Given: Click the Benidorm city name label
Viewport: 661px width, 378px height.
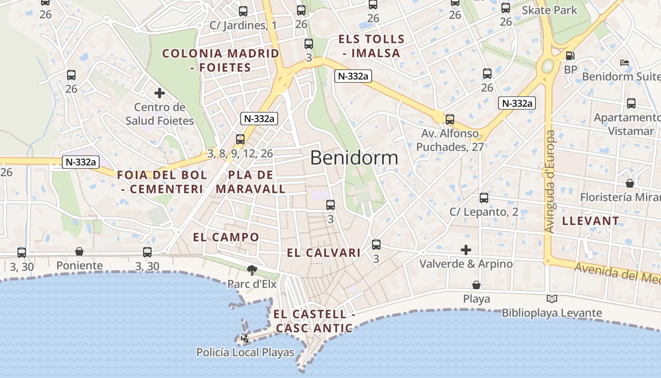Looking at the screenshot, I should pyautogui.click(x=354, y=158).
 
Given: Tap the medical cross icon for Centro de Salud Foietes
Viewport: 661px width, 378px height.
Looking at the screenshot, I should pyautogui.click(x=160, y=93).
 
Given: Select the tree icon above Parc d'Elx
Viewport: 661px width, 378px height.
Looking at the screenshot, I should pyautogui.click(x=252, y=270).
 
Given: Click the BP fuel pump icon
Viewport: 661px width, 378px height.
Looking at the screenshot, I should pyautogui.click(x=570, y=56).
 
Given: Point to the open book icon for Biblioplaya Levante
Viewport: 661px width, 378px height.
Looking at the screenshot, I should pyautogui.click(x=551, y=299).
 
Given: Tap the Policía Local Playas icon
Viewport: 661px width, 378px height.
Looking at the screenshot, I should pyautogui.click(x=245, y=338).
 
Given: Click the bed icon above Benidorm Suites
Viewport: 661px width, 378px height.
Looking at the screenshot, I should pyautogui.click(x=624, y=62).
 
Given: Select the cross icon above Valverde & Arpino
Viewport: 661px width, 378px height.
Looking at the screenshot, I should pyautogui.click(x=466, y=250).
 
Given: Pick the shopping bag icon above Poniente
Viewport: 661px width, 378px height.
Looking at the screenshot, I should pyautogui.click(x=79, y=252).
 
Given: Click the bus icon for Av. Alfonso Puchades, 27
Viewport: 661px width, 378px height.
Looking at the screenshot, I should pyautogui.click(x=450, y=120).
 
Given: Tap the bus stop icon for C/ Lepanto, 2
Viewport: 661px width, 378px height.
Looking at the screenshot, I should pyautogui.click(x=484, y=198).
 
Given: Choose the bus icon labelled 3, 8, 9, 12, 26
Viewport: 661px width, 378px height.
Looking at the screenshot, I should pyautogui.click(x=240, y=139).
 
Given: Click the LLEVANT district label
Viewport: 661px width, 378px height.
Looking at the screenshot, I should pyautogui.click(x=590, y=221).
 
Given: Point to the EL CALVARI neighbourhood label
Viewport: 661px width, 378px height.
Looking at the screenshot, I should pyautogui.click(x=324, y=253).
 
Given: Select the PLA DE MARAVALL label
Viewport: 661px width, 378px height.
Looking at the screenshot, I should pyautogui.click(x=251, y=182).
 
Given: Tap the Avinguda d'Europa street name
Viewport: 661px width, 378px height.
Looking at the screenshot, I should pyautogui.click(x=550, y=181).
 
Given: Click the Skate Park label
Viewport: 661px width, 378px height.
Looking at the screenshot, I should pyautogui.click(x=549, y=10).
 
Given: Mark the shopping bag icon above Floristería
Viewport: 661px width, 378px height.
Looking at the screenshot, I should pyautogui.click(x=629, y=183).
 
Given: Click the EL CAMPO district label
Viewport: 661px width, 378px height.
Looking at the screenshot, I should pyautogui.click(x=226, y=237).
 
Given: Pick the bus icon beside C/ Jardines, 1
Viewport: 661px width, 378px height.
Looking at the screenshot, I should pyautogui.click(x=243, y=11).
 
